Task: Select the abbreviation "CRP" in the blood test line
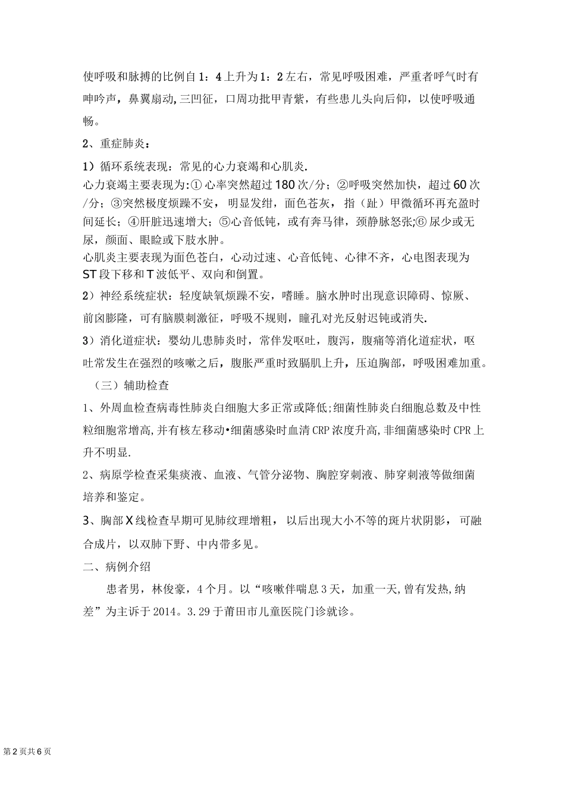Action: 323,430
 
